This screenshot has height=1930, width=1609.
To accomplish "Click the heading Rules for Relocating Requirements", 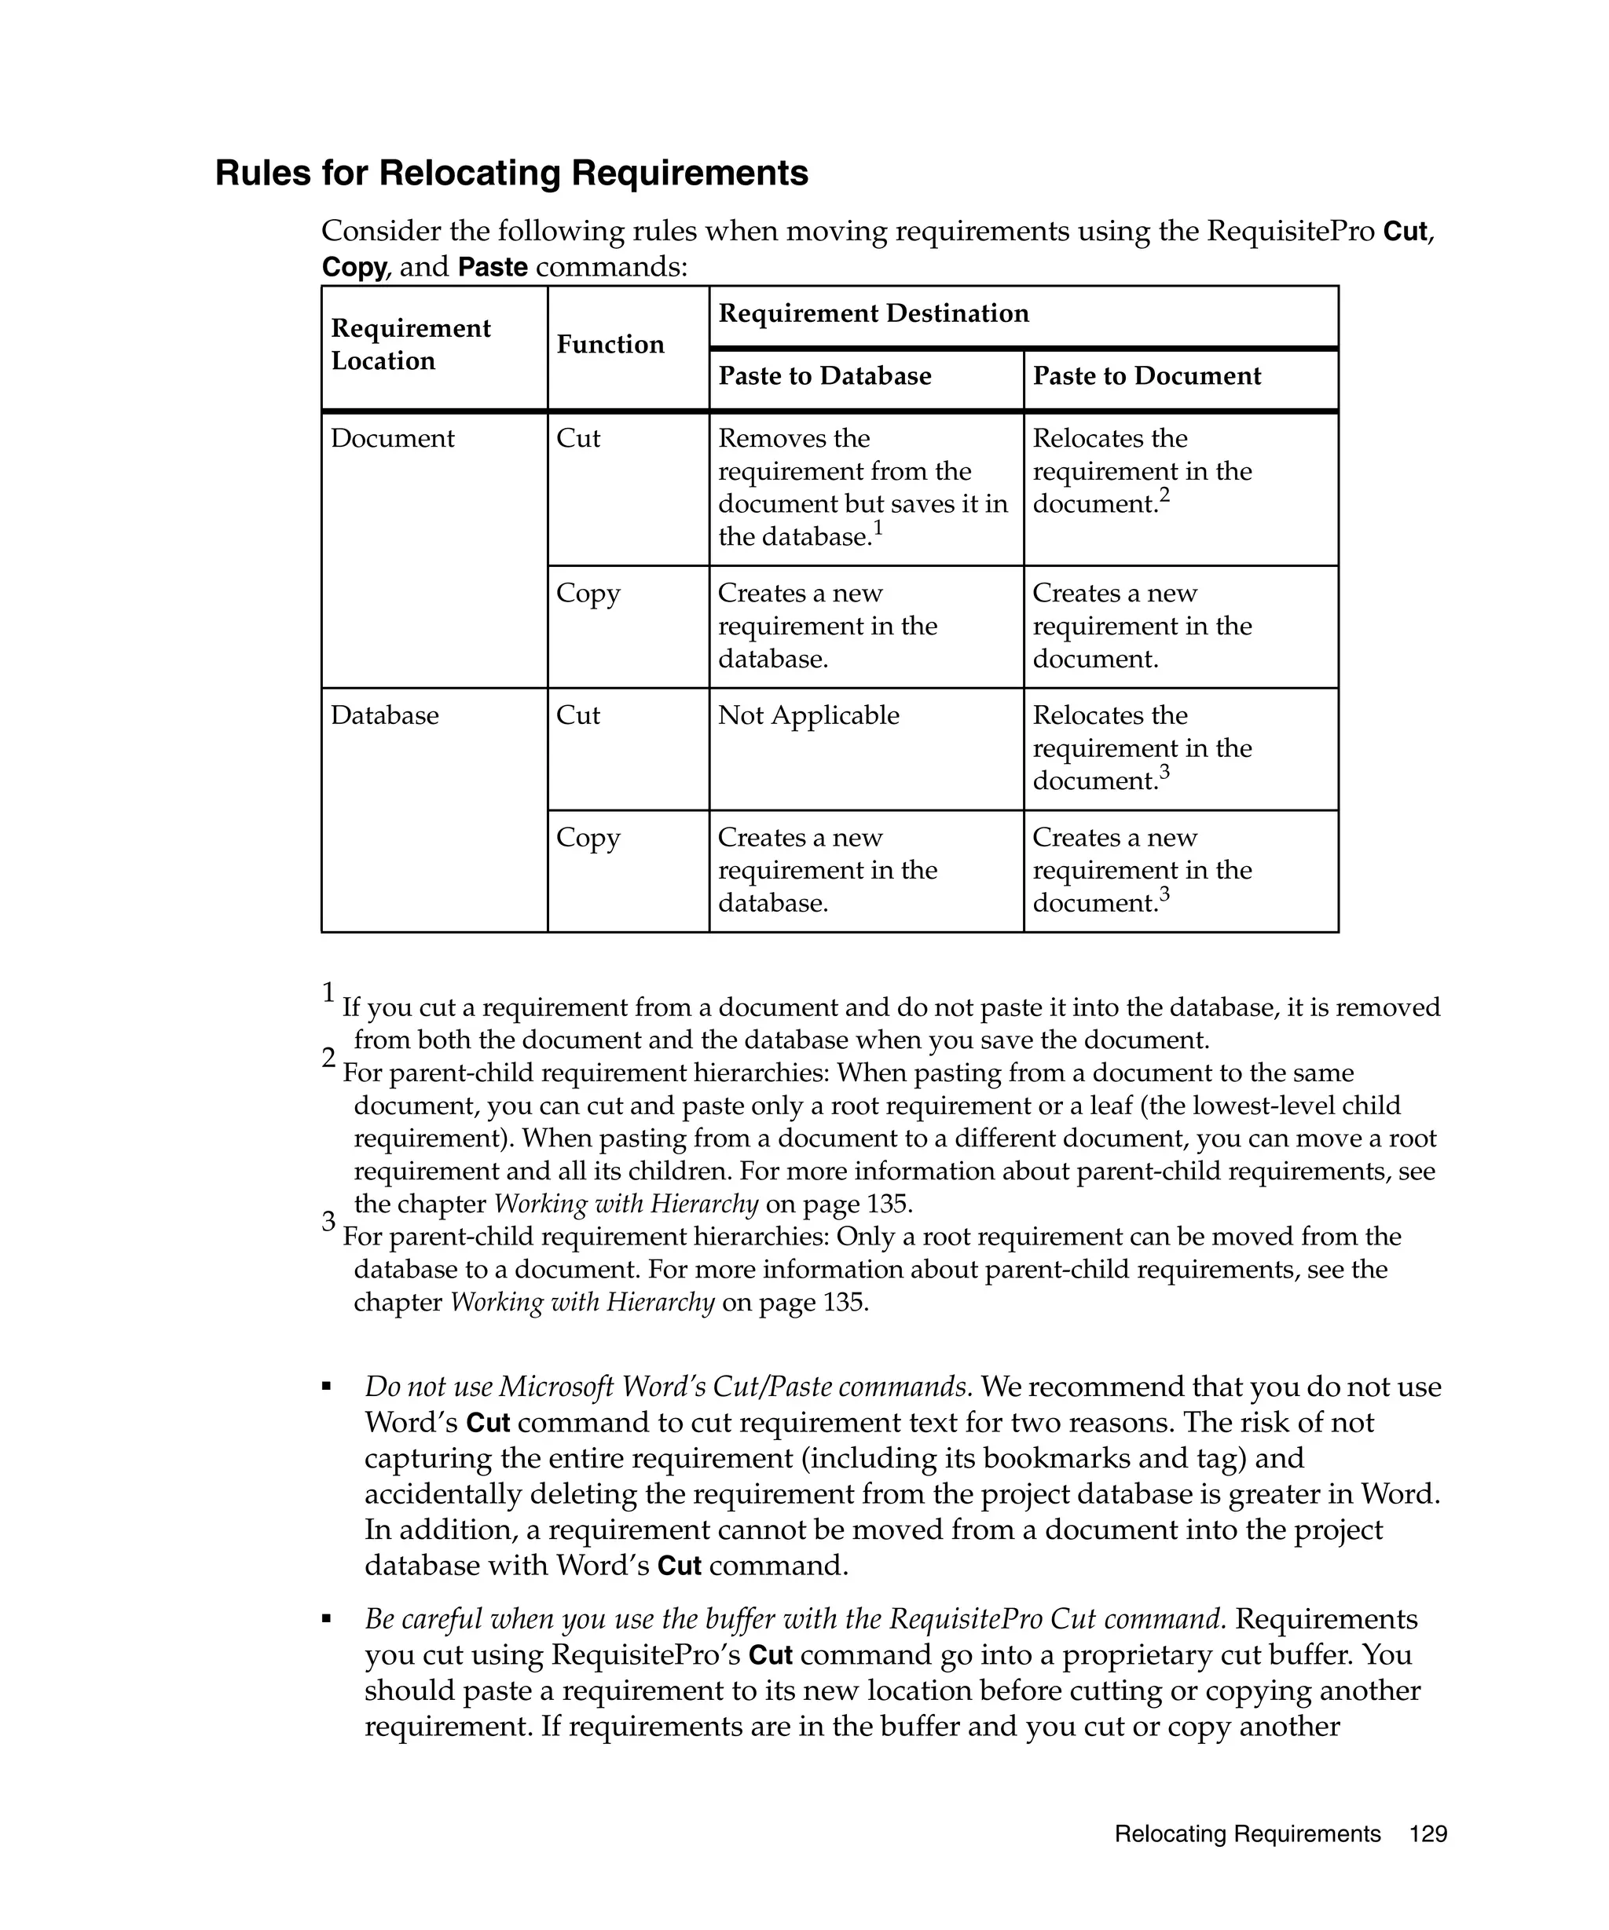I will coord(511,173).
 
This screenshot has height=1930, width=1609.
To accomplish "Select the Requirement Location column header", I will coord(410,344).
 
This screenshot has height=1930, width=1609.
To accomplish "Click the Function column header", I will coord(610,344).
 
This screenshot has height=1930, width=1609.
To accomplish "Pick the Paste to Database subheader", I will coord(824,376).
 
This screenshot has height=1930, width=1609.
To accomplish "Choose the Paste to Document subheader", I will coord(1145,376).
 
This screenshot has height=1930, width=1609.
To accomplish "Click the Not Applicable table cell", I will coord(808,715).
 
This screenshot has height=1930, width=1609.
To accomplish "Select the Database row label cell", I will coord(384,715).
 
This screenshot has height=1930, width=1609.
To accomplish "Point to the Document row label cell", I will coord(392,438).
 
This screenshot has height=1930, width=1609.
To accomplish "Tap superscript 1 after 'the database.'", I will coord(877,528).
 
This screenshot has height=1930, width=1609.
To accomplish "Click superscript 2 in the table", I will coord(1164,495).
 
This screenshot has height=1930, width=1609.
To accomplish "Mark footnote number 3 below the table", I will coord(328,1222).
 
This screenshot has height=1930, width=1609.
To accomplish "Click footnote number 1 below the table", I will coord(328,992).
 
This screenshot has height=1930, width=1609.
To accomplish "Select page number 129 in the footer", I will coord(1428,1833).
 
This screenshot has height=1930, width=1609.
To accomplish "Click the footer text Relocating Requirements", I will coord(1247,1833).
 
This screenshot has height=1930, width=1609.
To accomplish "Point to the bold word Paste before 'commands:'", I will coord(493,268).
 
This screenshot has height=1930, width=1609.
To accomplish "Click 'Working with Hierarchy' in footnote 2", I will coord(625,1203).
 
